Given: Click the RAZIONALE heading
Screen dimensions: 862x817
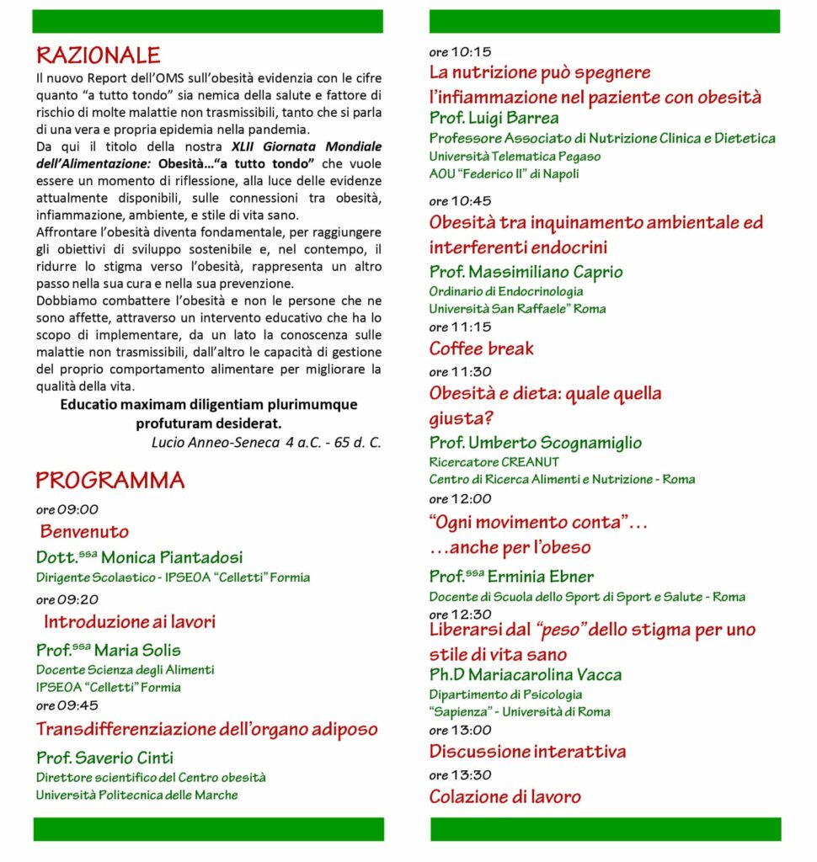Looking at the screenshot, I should [x=98, y=56].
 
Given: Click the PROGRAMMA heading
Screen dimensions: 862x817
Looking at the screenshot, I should [x=109, y=481].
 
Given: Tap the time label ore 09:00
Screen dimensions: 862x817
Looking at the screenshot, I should [x=67, y=509].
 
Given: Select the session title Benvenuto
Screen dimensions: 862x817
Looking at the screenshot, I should [x=84, y=532].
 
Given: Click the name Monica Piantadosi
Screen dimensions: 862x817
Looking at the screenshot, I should [x=171, y=557].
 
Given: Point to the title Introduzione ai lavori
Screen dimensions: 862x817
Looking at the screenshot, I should [x=130, y=622].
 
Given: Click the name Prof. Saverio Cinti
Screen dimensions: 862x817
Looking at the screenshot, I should [x=104, y=758].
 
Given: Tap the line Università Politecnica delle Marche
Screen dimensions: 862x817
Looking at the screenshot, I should [x=136, y=795].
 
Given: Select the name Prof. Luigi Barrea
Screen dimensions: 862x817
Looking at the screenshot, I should [x=494, y=118].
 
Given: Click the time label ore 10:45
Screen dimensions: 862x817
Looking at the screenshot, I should [x=460, y=201].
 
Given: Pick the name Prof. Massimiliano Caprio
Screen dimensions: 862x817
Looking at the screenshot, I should [x=526, y=272].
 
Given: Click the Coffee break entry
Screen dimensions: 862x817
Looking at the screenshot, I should [x=481, y=349].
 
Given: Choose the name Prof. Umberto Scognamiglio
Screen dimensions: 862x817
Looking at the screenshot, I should [x=535, y=443].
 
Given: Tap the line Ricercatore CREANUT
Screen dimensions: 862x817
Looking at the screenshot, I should [x=494, y=461].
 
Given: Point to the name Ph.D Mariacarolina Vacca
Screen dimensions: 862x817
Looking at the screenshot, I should [x=526, y=675].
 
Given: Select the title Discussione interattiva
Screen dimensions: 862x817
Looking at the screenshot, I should [x=527, y=751].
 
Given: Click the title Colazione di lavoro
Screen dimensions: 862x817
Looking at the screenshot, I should [x=505, y=796].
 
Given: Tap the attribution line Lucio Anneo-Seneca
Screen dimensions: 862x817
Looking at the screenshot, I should [x=265, y=442].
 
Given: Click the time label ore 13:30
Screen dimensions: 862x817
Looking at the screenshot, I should [x=460, y=775].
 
